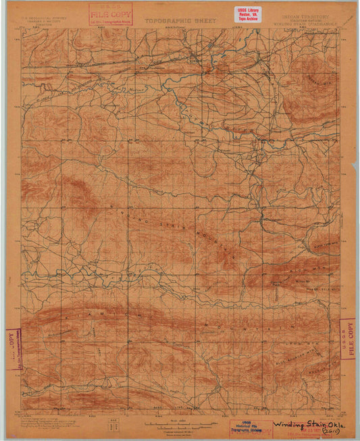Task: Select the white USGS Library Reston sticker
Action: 247,14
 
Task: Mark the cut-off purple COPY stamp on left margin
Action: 13,348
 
